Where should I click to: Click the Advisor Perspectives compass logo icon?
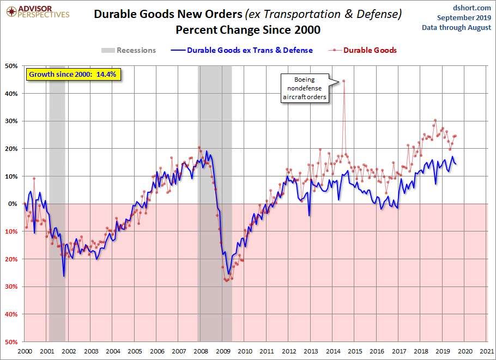click(x=11, y=12)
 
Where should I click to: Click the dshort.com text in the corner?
click(x=472, y=8)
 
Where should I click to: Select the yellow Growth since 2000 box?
click(x=73, y=75)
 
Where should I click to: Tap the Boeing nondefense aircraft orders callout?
click(x=305, y=88)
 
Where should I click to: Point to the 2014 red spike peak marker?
click(x=344, y=81)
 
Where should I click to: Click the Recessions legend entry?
click(x=129, y=50)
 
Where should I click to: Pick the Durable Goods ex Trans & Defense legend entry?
click(x=241, y=50)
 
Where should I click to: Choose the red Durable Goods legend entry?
click(x=362, y=50)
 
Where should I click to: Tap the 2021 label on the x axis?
click(x=487, y=351)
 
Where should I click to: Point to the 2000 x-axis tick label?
click(x=25, y=351)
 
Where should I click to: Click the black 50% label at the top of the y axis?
click(x=11, y=66)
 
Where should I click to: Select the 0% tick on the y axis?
click(x=13, y=204)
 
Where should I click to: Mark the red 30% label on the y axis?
click(x=11, y=286)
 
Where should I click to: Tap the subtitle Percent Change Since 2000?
click(x=248, y=30)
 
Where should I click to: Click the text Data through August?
click(x=456, y=27)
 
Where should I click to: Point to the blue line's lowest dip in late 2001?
click(x=64, y=276)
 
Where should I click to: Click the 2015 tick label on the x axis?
click(x=355, y=351)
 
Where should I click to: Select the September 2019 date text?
click(x=464, y=17)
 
